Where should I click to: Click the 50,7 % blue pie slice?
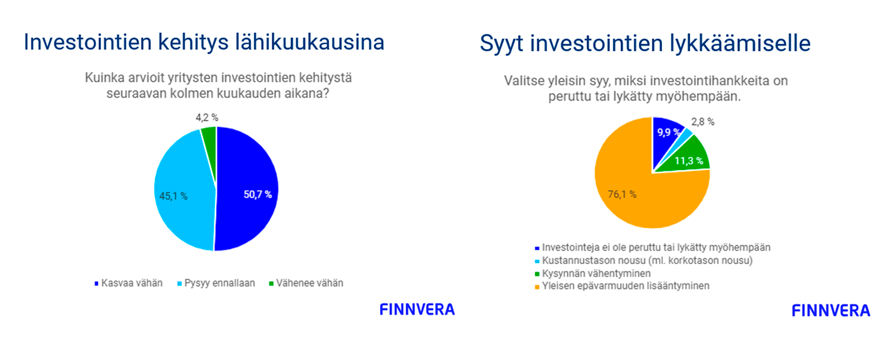point(247,189)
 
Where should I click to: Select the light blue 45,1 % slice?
point(183,191)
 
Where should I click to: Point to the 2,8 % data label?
point(703,122)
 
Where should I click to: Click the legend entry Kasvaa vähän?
point(128,283)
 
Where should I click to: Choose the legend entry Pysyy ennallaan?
point(216,283)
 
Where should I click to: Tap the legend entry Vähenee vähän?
point(306,283)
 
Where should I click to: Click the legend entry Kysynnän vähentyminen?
point(593,273)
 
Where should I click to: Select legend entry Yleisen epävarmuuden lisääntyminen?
point(622,286)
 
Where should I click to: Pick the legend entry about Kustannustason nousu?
point(644,260)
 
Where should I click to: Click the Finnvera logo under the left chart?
point(418,310)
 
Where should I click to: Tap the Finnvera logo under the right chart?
point(831,311)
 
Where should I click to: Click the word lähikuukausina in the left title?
point(309,42)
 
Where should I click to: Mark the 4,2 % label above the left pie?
point(207,117)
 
